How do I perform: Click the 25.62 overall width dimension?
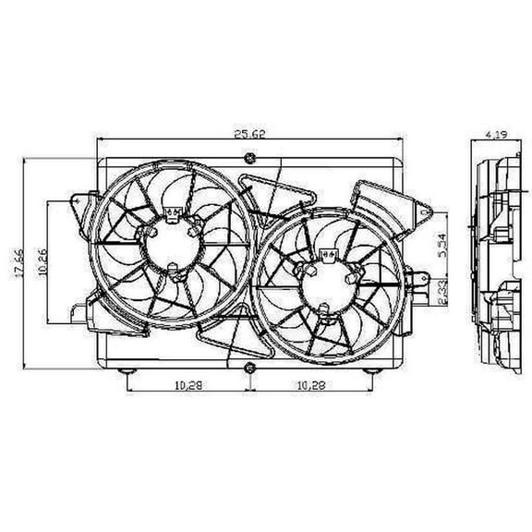coord(248,134)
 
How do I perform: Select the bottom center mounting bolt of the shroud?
coord(248,370)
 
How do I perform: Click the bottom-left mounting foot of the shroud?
coord(128,371)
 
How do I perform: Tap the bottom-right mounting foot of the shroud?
coord(369,371)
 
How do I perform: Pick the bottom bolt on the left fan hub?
coord(172,271)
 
